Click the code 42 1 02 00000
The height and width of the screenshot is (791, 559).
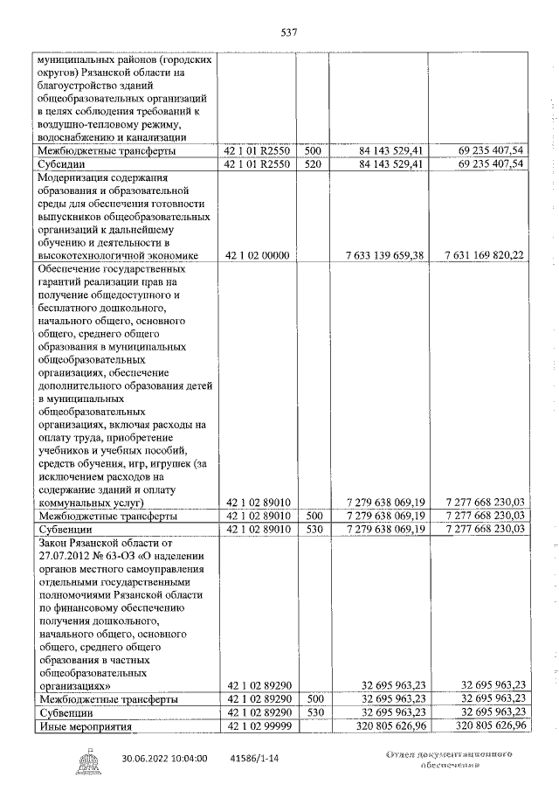(x=258, y=255)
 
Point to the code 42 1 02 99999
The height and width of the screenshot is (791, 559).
(x=258, y=725)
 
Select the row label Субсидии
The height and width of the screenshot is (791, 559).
(x=59, y=164)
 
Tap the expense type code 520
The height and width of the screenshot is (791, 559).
(x=314, y=164)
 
